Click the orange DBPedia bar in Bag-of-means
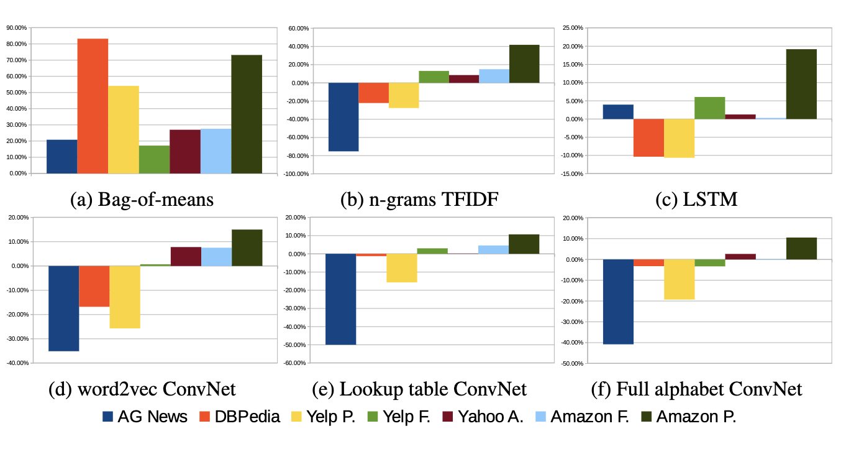tap(93, 106)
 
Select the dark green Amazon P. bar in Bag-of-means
tap(246, 114)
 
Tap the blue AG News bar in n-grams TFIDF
tap(343, 117)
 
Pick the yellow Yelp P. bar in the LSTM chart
tap(679, 138)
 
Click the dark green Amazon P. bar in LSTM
tap(801, 84)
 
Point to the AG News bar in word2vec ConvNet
tap(63, 308)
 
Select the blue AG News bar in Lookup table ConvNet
tap(340, 299)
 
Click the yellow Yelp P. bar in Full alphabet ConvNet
tap(679, 279)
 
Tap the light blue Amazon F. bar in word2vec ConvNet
tap(216, 257)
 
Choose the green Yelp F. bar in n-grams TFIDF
tap(434, 77)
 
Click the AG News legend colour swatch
tap(108, 417)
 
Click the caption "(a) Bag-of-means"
tap(142, 200)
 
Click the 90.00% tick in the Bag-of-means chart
tap(17, 27)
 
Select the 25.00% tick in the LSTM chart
tap(571, 27)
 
